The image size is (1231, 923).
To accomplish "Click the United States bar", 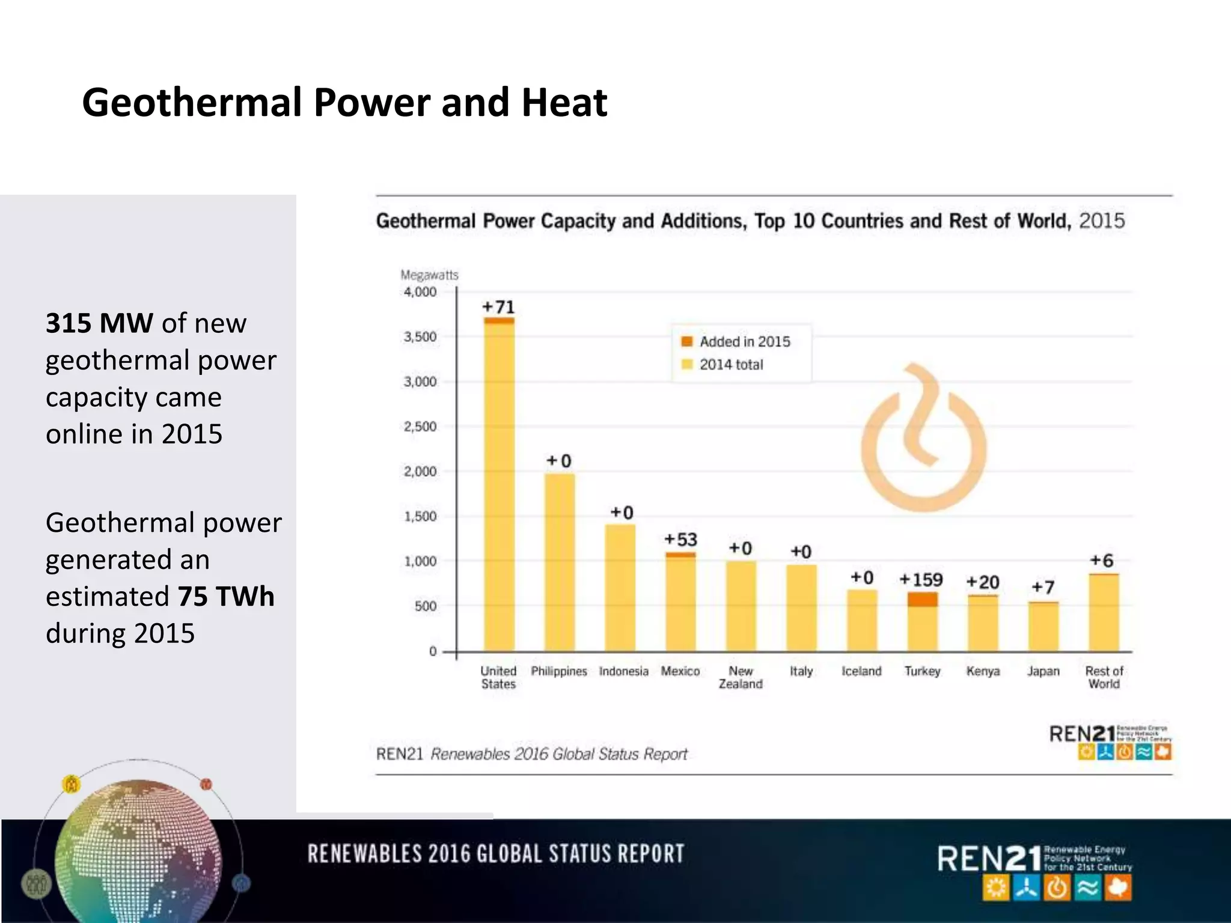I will click(499, 487).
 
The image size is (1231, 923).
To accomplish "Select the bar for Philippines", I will click(560, 562).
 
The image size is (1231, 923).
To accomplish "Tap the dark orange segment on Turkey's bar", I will click(922, 599).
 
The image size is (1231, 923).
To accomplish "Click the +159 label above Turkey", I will click(921, 580).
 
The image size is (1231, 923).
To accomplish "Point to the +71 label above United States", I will click(499, 307).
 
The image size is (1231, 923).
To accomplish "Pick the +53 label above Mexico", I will click(680, 540).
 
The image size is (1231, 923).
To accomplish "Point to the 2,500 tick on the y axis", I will click(420, 427).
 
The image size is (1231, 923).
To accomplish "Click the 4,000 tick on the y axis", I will click(420, 292).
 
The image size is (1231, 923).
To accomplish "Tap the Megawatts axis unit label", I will click(429, 275).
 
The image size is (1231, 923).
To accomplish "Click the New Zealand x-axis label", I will click(741, 677).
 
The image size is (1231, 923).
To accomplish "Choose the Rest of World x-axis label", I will click(1104, 677).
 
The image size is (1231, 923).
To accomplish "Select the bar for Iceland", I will click(862, 620).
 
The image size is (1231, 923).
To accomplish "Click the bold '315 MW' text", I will click(99, 323).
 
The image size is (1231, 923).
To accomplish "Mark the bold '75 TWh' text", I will click(225, 596).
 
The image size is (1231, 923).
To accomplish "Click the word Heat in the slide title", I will click(564, 102).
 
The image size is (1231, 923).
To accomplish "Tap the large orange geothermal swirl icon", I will click(923, 439).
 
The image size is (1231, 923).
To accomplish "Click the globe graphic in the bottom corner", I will click(138, 853).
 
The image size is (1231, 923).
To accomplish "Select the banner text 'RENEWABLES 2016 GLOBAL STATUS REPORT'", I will click(496, 854).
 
